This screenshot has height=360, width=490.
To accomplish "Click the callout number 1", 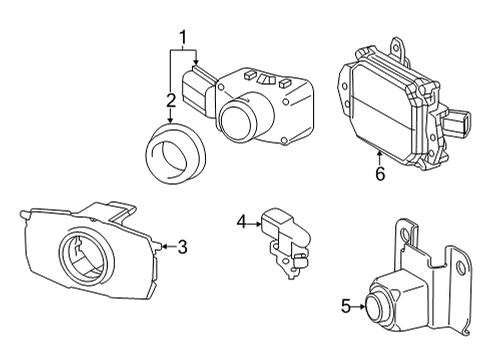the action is (x=183, y=38).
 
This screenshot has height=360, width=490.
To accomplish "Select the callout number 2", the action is (x=171, y=100).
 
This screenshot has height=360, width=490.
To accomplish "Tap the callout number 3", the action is (x=182, y=247).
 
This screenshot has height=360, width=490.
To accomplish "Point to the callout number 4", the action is (x=242, y=222).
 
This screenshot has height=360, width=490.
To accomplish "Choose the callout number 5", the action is (x=346, y=306).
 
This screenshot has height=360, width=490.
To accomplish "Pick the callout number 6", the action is (x=380, y=173).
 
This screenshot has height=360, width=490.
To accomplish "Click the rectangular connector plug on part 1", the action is (x=197, y=89).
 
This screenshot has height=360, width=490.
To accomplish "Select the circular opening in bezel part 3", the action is (x=86, y=255).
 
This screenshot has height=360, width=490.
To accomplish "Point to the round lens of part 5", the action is (x=378, y=307).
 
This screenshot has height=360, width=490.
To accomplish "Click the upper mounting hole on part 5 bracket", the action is (x=405, y=235).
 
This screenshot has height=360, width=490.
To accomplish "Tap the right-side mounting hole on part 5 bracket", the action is (x=461, y=268).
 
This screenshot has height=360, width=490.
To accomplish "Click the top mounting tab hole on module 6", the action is (x=396, y=48).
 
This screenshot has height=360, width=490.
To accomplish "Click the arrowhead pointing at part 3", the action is (x=164, y=247).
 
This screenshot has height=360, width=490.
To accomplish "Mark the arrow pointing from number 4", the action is (x=255, y=224).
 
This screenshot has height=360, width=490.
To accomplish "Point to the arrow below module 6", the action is (x=379, y=157).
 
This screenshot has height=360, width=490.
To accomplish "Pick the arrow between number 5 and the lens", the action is (x=359, y=307).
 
